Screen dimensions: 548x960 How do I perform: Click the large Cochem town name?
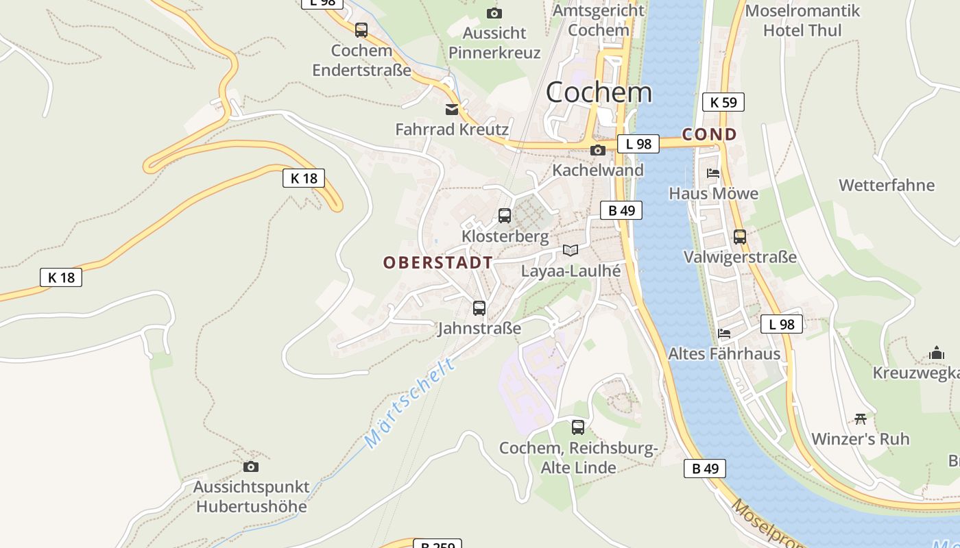599,92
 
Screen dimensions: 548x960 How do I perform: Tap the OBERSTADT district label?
437,262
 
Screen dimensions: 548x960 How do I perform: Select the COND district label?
709,134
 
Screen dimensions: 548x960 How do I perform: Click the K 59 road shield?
723,103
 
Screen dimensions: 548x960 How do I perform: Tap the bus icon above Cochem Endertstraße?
361,30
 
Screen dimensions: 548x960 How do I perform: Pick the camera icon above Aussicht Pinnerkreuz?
494,13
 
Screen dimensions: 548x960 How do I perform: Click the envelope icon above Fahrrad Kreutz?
452,109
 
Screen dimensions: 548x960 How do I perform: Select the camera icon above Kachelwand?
598,150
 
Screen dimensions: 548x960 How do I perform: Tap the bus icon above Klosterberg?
505,216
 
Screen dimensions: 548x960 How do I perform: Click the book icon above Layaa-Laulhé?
571,250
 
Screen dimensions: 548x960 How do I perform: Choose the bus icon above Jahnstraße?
479,308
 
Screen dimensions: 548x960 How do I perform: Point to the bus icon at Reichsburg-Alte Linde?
578,427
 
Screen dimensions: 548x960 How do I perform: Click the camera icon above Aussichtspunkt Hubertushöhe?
251,466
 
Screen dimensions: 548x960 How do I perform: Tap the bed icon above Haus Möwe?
713,173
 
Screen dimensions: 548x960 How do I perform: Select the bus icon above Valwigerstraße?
740,237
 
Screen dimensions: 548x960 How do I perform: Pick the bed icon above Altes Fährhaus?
724,334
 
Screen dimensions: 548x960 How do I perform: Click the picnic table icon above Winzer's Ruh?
861,418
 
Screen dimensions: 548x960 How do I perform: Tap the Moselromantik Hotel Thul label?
802,21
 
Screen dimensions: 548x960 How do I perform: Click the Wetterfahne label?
887,185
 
